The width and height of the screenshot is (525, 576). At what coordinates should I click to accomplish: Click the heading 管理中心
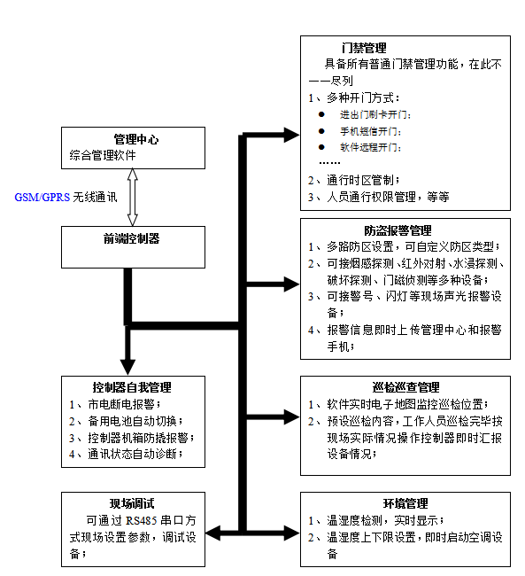136,140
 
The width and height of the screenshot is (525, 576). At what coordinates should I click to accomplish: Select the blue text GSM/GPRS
42,198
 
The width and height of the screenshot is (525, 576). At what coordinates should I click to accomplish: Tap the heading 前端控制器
131,238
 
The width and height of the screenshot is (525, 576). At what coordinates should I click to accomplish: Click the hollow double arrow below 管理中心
133,198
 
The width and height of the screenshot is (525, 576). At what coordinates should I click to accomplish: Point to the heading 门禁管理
364,48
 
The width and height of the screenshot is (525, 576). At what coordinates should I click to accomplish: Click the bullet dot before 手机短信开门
321,131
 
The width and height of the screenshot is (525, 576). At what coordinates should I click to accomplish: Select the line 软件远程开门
370,147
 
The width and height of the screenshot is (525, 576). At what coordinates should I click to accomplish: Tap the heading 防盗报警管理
398,230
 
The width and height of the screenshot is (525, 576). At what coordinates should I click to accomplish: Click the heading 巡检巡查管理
405,387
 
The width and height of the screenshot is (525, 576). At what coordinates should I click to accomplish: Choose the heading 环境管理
405,503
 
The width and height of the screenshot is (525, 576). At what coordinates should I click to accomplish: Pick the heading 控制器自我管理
132,387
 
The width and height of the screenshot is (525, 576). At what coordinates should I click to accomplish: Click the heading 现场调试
132,503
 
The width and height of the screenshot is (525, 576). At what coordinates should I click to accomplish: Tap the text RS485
142,521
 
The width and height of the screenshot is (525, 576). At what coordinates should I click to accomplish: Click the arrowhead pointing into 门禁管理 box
292,135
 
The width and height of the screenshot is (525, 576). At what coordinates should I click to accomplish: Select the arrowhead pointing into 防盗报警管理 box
292,284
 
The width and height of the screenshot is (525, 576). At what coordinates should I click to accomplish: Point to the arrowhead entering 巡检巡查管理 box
292,417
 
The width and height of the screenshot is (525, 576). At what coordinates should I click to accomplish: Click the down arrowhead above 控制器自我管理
127,368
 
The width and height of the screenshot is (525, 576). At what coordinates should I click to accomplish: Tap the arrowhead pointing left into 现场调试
213,533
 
